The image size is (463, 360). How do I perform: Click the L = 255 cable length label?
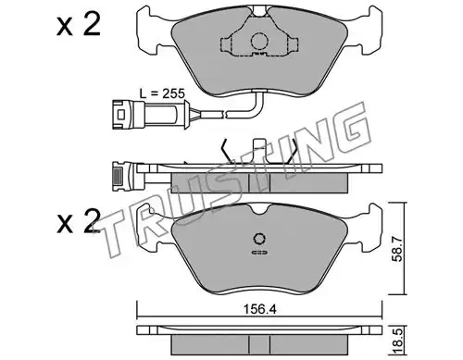point(162,93)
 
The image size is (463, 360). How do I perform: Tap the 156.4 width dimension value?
point(259,309)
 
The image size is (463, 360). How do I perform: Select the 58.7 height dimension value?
point(398,248)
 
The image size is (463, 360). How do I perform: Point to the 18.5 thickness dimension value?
point(398,341)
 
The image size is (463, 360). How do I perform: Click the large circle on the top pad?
point(259,41)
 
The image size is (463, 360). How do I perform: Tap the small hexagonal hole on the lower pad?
point(259,239)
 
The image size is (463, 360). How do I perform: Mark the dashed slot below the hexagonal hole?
point(259,253)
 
